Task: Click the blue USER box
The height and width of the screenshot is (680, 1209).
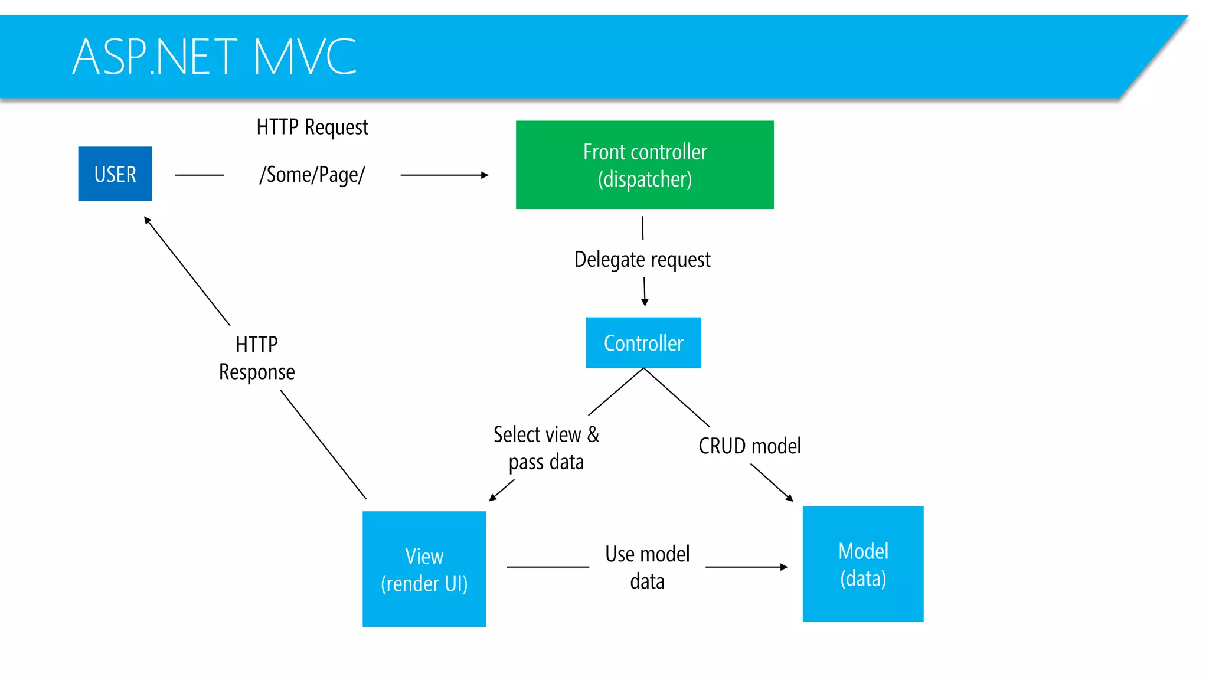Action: coord(115,174)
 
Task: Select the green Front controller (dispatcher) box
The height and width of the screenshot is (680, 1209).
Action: coord(645,165)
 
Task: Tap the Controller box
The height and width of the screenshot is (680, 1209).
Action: coord(643,342)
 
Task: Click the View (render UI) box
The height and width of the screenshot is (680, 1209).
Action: coord(424,568)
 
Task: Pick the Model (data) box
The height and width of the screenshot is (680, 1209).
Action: coord(863,564)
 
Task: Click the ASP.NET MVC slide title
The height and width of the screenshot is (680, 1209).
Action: coord(214,57)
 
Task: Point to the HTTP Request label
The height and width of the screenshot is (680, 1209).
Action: coord(312,127)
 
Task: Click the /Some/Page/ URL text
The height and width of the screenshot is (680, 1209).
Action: coord(312,175)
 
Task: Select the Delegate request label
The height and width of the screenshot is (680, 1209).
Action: coord(642,259)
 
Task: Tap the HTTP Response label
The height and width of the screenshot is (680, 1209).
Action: coord(257,358)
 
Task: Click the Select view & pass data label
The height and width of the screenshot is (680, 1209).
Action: coord(546,448)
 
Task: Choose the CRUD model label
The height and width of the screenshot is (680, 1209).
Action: coord(750,446)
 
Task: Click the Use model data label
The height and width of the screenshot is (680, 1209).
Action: coord(648,567)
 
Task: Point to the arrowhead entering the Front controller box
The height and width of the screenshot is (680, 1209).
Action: coord(485,175)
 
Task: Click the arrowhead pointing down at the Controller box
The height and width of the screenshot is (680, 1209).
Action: coord(645,302)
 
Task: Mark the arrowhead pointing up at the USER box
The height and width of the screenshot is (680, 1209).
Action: coord(148,220)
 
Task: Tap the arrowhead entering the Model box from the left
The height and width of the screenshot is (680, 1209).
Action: coord(784,567)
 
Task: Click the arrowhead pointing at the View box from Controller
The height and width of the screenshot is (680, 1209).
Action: coord(493,498)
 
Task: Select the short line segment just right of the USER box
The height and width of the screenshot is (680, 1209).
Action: coord(200,175)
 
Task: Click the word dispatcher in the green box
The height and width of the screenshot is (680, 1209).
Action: coord(645,179)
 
